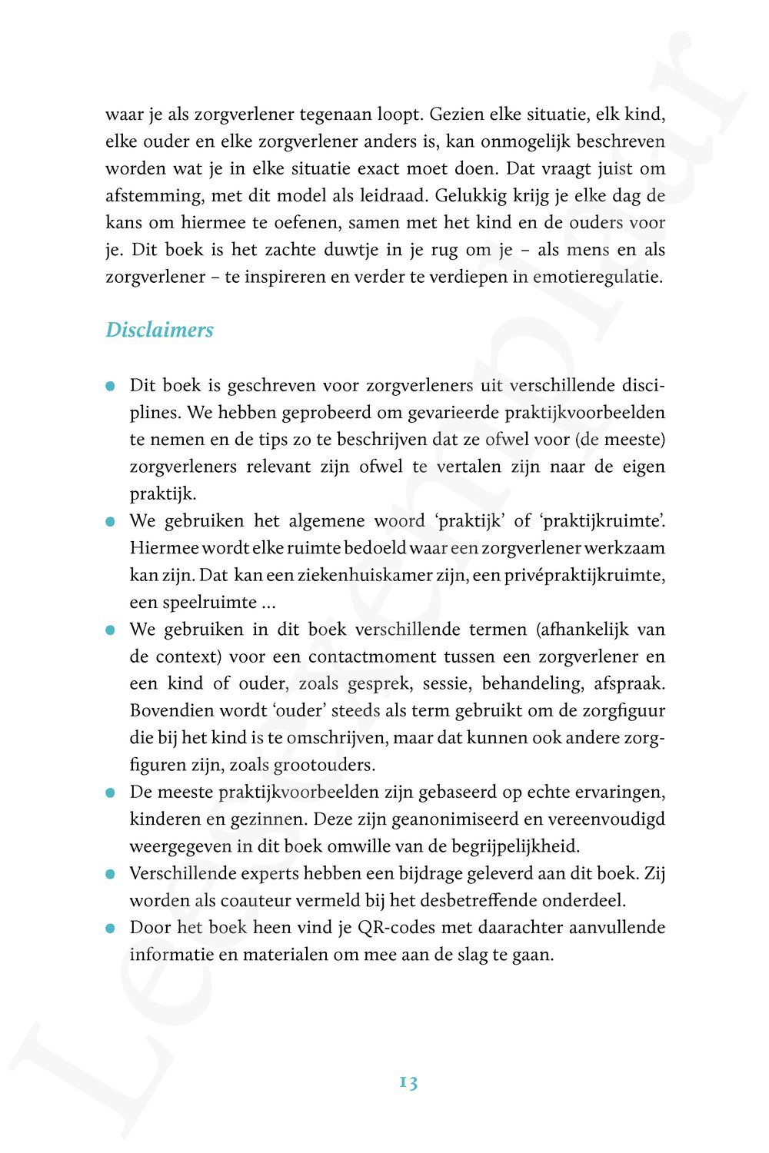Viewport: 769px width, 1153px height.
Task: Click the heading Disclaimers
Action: [159, 331]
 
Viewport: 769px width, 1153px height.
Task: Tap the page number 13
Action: [408, 1082]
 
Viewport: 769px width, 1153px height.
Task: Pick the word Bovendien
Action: [168, 710]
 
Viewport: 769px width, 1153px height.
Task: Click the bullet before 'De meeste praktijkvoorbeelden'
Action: [112, 792]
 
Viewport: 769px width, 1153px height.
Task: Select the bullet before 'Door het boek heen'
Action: [112, 928]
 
